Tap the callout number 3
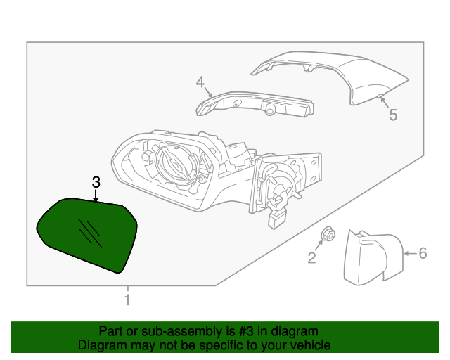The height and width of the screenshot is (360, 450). [96, 182]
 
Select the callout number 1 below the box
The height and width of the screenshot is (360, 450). [127, 301]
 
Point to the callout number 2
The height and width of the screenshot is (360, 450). [311, 258]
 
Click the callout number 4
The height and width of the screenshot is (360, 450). [200, 83]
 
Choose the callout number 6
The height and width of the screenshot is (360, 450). [423, 253]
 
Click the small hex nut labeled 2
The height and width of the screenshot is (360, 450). [327, 234]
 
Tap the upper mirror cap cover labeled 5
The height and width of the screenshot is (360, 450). [337, 74]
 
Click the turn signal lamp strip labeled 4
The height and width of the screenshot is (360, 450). [257, 105]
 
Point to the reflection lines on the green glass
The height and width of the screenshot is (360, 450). [91, 232]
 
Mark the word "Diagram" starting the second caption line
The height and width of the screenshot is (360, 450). [99, 345]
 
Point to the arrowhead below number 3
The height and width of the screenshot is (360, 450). [96, 199]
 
